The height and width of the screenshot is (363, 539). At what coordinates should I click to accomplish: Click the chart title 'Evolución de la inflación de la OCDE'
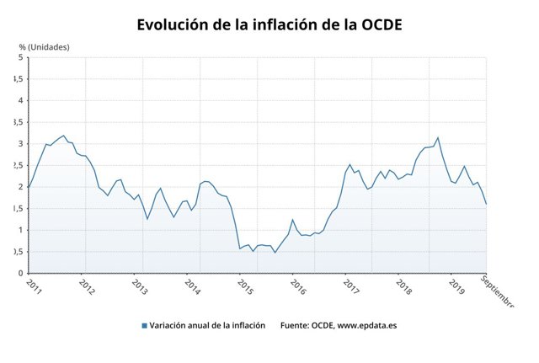(x=269, y=25)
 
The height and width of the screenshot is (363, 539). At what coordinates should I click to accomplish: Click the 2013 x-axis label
(x=139, y=286)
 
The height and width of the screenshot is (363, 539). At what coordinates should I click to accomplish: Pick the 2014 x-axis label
(x=192, y=286)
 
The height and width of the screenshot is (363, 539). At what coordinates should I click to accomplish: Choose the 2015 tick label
(x=245, y=286)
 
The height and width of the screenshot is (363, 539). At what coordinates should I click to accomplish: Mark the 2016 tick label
(x=298, y=286)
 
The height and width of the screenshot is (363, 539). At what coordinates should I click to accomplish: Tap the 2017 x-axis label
(x=351, y=286)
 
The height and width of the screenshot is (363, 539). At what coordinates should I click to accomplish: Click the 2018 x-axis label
(x=404, y=286)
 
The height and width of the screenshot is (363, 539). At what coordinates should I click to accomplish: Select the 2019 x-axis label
(x=457, y=286)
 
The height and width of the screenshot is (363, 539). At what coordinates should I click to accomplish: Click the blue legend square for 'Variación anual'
(x=145, y=325)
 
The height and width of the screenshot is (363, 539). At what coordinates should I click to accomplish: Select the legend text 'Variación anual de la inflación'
(x=207, y=325)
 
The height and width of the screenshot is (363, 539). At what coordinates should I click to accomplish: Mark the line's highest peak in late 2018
(x=438, y=137)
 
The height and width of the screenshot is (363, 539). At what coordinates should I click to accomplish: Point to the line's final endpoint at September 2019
(x=486, y=204)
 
